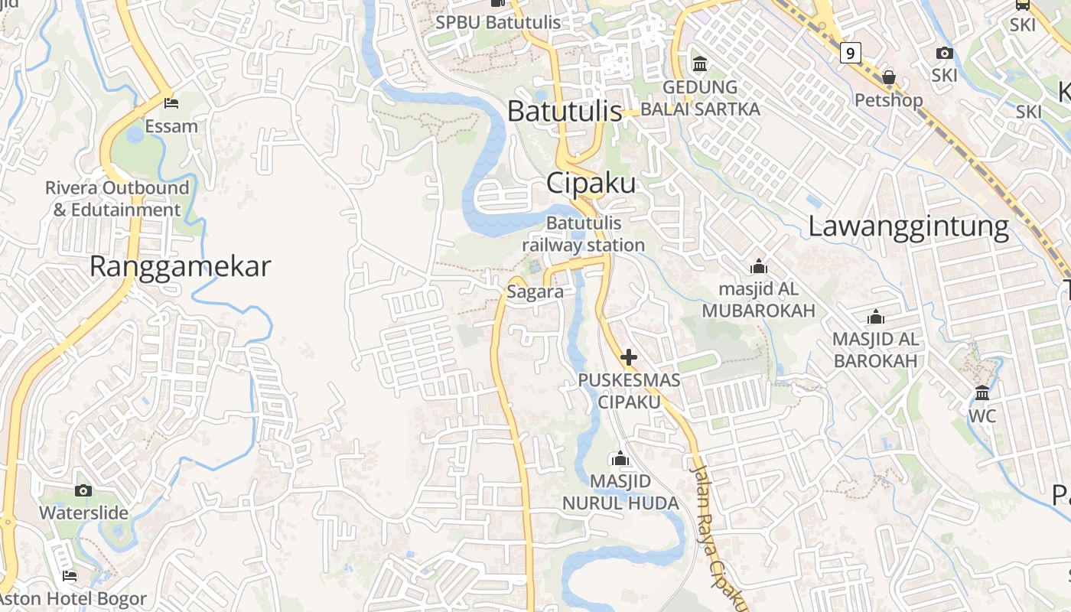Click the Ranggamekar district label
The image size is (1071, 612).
[x=180, y=266]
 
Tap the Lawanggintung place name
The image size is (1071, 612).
[x=909, y=226]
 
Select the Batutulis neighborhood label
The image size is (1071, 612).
[x=565, y=112]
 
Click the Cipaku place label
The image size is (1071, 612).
[x=591, y=184]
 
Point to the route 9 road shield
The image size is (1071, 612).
[x=850, y=53]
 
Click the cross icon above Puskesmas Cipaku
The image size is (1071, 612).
[x=629, y=357]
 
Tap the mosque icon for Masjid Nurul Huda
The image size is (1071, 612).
[x=620, y=458]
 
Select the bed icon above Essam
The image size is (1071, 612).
[x=171, y=103]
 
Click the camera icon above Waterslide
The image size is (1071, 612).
[x=83, y=490]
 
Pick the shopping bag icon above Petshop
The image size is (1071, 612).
[x=889, y=77]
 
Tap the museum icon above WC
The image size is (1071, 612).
[x=982, y=393]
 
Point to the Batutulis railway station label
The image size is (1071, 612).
[x=584, y=234]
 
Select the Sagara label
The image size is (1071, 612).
[x=535, y=291]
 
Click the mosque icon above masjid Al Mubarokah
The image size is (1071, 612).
[x=759, y=266]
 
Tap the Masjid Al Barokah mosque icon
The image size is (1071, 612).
[x=876, y=317]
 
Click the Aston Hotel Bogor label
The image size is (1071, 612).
[x=73, y=599]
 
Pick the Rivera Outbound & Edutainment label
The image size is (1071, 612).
[x=117, y=198]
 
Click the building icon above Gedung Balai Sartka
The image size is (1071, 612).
[x=700, y=63]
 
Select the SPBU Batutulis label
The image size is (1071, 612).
[x=498, y=23]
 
